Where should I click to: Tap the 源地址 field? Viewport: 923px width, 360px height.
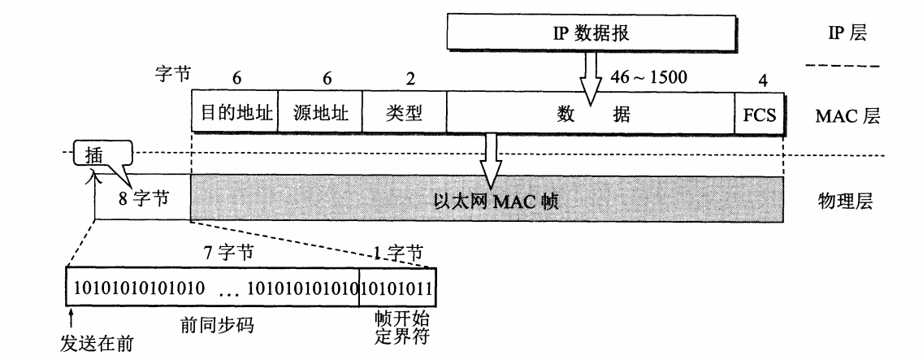(320, 113)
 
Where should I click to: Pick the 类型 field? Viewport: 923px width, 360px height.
(404, 113)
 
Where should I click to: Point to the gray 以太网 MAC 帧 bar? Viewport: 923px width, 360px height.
(487, 197)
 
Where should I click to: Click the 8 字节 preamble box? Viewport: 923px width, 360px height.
(143, 197)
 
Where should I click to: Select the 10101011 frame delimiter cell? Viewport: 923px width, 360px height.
(397, 288)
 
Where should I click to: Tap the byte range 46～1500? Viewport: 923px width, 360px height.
(648, 78)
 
